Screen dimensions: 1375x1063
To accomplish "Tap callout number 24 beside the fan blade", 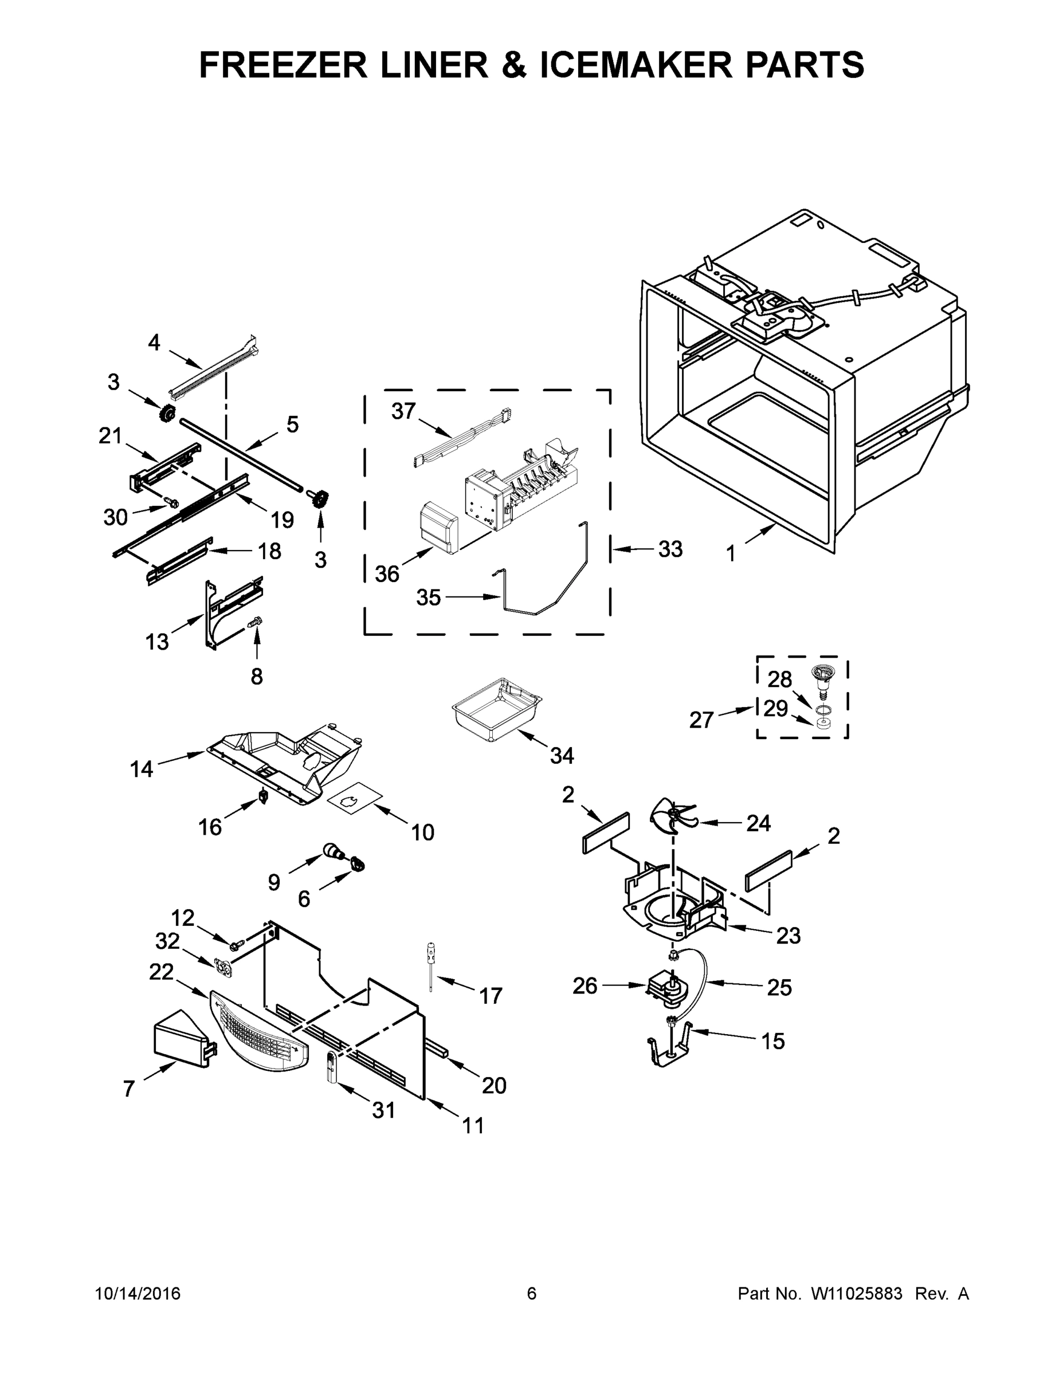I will click(x=758, y=823).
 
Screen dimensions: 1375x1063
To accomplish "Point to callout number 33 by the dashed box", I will click(x=670, y=549).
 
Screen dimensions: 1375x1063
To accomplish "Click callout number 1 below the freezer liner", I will click(x=731, y=554).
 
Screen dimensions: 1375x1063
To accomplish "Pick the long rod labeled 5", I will click(x=246, y=453).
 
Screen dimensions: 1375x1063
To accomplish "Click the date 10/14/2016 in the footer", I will click(x=138, y=1294).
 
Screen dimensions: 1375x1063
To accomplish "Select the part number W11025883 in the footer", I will click(x=857, y=1294).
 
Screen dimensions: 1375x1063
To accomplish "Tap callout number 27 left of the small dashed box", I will click(x=701, y=720).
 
